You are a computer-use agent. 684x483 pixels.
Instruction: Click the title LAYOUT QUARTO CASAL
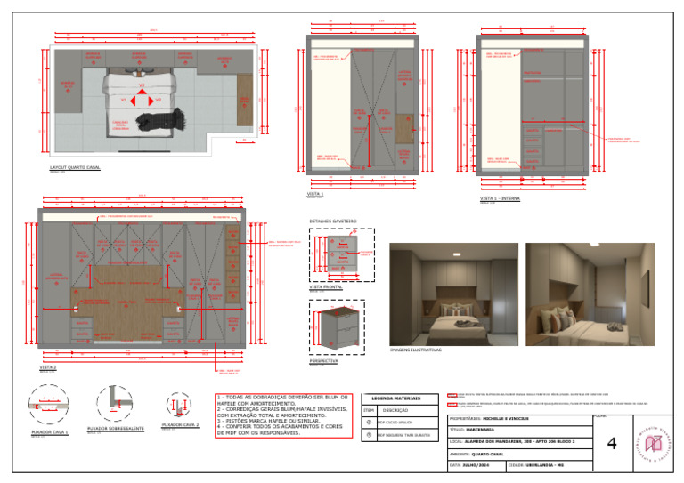click(75, 167)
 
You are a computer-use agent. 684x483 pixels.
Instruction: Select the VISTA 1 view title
click(315, 193)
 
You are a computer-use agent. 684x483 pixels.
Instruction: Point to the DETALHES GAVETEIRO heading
click(332, 221)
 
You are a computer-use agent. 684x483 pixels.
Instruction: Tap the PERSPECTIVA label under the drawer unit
click(322, 361)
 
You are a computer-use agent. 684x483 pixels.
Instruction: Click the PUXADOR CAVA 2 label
click(179, 426)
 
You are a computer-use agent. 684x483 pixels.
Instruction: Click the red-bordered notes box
click(282, 415)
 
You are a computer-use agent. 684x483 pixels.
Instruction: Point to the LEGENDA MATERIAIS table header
click(400, 398)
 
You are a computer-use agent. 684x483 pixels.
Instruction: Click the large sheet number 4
click(611, 443)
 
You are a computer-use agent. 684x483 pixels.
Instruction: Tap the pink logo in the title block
click(654, 441)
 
